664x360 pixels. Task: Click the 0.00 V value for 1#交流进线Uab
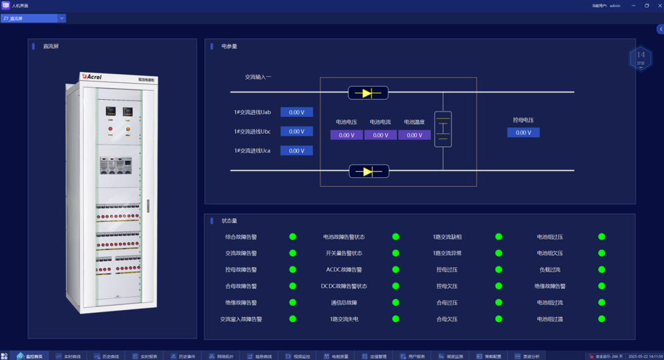[x=296, y=112]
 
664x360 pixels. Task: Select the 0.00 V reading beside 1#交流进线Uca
[x=296, y=150]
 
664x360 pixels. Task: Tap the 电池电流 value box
[x=380, y=135]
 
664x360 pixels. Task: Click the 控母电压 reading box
[x=523, y=132]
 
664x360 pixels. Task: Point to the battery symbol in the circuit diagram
[x=443, y=129]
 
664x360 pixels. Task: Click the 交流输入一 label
[x=258, y=77]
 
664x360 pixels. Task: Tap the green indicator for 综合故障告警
[x=293, y=237]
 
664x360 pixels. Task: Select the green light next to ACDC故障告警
[x=395, y=269]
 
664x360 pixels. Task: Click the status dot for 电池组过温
[x=602, y=319]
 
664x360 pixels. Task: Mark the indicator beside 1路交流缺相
[x=499, y=237]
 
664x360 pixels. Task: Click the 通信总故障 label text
[x=344, y=303]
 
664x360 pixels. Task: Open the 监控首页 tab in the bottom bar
[x=30, y=357]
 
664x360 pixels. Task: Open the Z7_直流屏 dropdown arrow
[x=62, y=19]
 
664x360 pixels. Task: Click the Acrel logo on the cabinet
[x=92, y=77]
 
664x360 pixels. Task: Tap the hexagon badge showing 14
[x=640, y=58]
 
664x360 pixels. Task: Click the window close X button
[x=660, y=6]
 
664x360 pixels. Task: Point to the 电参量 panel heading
[x=229, y=46]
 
